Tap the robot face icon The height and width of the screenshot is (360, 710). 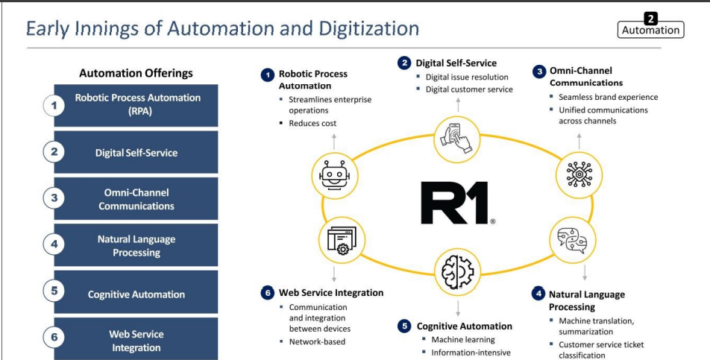click(x=335, y=175)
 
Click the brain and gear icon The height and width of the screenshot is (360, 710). click(x=457, y=271)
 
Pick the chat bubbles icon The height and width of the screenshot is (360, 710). click(x=572, y=240)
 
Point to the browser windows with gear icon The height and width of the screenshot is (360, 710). click(x=342, y=241)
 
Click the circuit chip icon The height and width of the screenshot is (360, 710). click(x=579, y=175)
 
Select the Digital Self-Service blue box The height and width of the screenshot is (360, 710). click(x=136, y=152)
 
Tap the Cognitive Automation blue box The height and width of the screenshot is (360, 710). click(x=136, y=293)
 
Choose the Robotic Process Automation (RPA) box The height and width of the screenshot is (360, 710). click(x=136, y=105)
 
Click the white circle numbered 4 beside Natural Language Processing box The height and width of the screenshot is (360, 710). click(x=54, y=244)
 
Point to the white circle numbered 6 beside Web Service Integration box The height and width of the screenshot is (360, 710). click(x=54, y=338)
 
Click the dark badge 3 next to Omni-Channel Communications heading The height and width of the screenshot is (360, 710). click(x=539, y=72)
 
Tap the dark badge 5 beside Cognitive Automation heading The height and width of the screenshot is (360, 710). click(x=404, y=326)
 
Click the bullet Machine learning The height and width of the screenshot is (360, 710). click(x=462, y=339)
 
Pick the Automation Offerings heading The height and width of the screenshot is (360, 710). click(x=136, y=73)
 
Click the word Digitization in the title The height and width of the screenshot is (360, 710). click(x=368, y=28)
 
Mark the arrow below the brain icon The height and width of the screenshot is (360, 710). click(x=458, y=308)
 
